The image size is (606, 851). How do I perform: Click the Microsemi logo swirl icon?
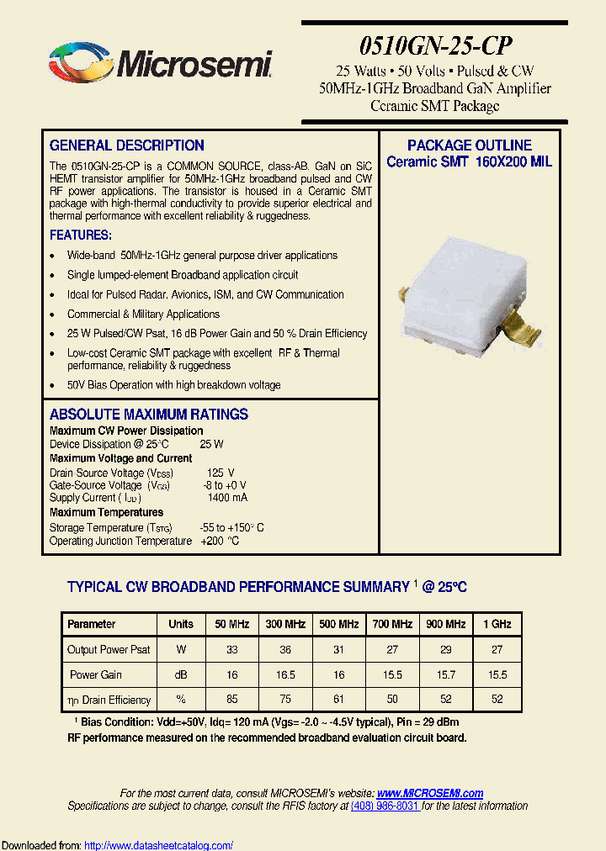pos(78,63)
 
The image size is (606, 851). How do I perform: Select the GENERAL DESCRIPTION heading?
pos(127,145)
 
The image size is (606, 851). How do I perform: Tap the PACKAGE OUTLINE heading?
pos(470,145)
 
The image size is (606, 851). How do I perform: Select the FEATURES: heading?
pos(81,235)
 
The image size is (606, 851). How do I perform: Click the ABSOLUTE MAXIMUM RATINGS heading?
pos(149,415)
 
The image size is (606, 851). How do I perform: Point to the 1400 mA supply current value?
pos(227,498)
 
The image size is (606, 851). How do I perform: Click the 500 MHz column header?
pos(339,624)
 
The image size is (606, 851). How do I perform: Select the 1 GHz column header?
pos(497,624)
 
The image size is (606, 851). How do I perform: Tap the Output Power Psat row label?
pos(109,649)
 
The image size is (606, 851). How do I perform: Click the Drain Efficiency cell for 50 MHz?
pos(232,700)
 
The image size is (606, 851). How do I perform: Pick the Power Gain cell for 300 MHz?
pos(285,674)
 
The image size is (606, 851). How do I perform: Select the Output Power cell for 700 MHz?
pos(392,649)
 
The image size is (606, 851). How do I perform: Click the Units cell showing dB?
pos(181,674)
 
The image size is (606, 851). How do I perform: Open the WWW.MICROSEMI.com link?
pos(430,793)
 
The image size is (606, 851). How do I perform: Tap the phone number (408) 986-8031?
pos(385,806)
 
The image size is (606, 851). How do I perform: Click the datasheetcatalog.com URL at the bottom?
pos(159,845)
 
